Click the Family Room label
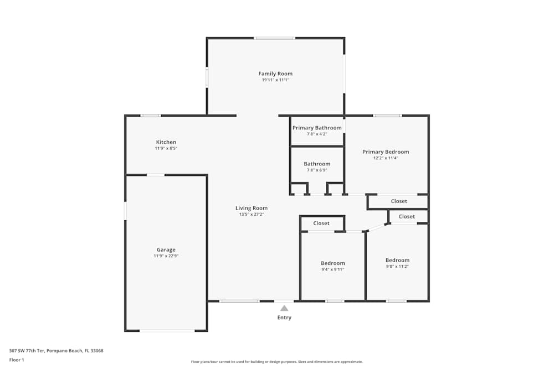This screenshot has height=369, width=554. click(x=275, y=74)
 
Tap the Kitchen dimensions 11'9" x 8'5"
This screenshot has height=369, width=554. click(x=166, y=148)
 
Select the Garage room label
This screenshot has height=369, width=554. click(x=166, y=250)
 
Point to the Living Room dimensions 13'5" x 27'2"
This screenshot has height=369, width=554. click(x=252, y=215)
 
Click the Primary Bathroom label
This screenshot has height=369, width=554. click(x=317, y=128)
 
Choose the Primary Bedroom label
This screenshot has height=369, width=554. click(x=386, y=152)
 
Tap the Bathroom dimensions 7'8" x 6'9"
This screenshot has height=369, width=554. click(x=317, y=170)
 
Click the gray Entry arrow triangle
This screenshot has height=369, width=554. click(x=284, y=308)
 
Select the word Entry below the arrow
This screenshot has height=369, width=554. click(x=284, y=318)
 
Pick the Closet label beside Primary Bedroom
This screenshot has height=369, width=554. click(x=399, y=201)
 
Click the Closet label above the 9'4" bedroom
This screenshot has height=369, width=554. click(x=321, y=224)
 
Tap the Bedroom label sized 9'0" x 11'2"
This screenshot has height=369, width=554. click(x=397, y=261)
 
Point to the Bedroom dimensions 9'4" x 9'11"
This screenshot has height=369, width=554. click(x=333, y=269)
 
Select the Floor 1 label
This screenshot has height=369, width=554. click(x=17, y=360)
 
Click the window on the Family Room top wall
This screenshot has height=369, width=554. click(x=275, y=38)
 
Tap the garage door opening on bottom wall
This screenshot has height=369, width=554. click(x=167, y=330)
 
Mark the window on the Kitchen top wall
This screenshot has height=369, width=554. click(x=151, y=116)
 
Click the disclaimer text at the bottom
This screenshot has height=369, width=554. click(x=277, y=362)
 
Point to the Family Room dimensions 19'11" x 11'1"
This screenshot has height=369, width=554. click(x=275, y=80)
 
